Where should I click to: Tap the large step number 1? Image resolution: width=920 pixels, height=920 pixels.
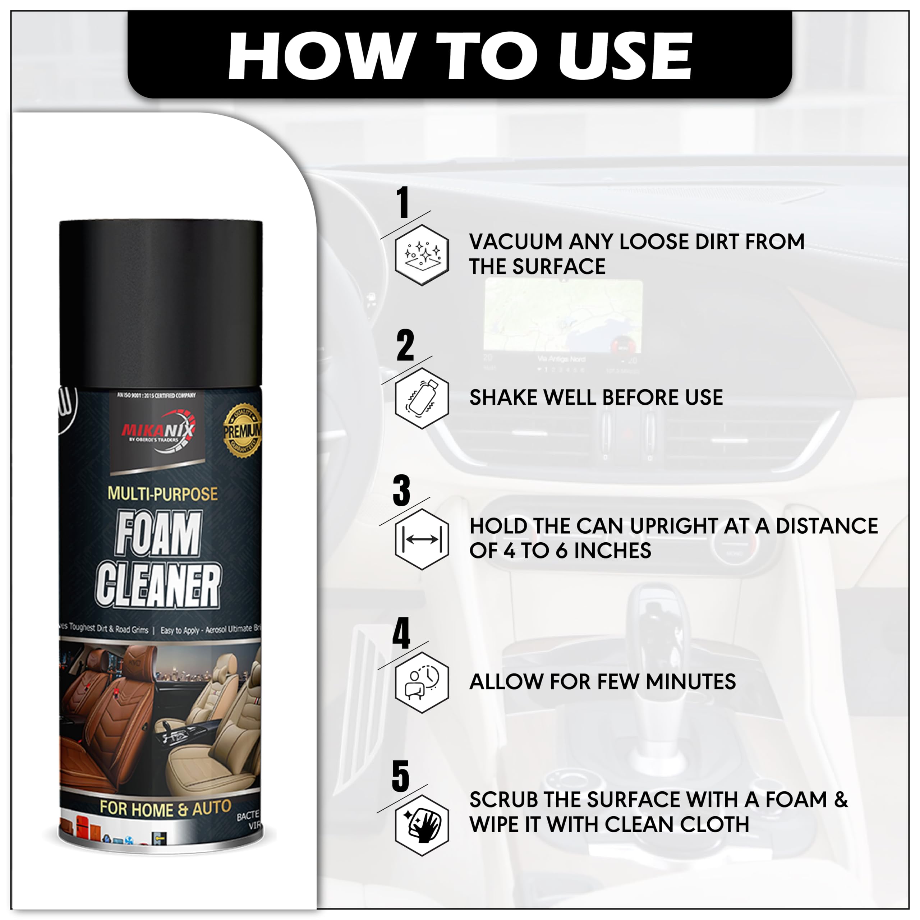[x=403, y=202]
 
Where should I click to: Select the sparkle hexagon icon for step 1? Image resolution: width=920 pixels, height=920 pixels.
[x=422, y=255]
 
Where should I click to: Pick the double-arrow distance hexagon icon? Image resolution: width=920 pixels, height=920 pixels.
[x=422, y=539]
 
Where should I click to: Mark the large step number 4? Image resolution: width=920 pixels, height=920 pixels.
[x=401, y=633]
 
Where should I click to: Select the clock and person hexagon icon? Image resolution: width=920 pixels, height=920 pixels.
[x=422, y=683]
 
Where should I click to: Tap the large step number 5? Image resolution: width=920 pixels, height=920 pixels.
[x=400, y=776]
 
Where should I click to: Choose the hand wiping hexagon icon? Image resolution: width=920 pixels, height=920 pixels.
[x=422, y=825]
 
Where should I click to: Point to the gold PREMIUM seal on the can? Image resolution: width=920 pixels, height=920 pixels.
[x=242, y=431]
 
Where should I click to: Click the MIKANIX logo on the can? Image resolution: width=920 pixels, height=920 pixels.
[x=158, y=430]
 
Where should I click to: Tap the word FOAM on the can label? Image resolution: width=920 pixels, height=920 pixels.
[x=158, y=533]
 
